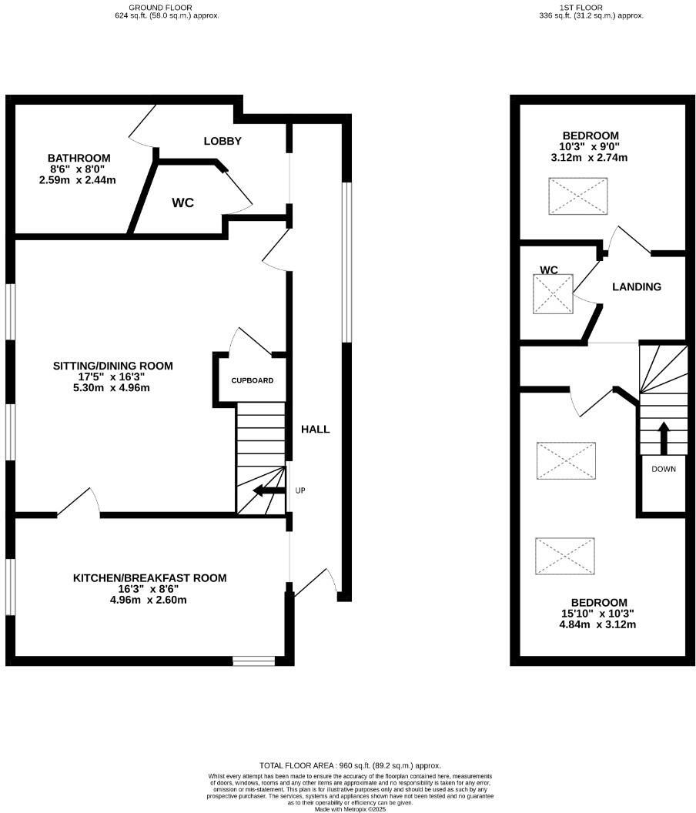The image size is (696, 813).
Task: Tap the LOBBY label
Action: [223, 141]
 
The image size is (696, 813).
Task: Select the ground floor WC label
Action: [182, 203]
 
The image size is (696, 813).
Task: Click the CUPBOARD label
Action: [252, 380]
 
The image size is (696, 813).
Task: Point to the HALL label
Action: [315, 429]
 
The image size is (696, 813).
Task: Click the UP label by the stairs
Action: [299, 490]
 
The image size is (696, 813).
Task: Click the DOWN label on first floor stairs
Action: [663, 469]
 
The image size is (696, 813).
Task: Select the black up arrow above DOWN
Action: [662, 437]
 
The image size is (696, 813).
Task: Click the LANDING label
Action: [636, 287]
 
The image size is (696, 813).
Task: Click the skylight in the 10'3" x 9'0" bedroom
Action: [577, 196]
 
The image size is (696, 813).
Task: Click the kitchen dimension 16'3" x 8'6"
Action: [149, 589]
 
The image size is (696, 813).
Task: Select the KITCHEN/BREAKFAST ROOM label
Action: [149, 578]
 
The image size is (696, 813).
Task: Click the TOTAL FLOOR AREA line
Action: [350, 765]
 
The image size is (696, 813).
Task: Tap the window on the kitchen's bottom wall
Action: [253, 660]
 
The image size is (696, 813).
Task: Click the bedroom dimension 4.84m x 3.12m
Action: [598, 624]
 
